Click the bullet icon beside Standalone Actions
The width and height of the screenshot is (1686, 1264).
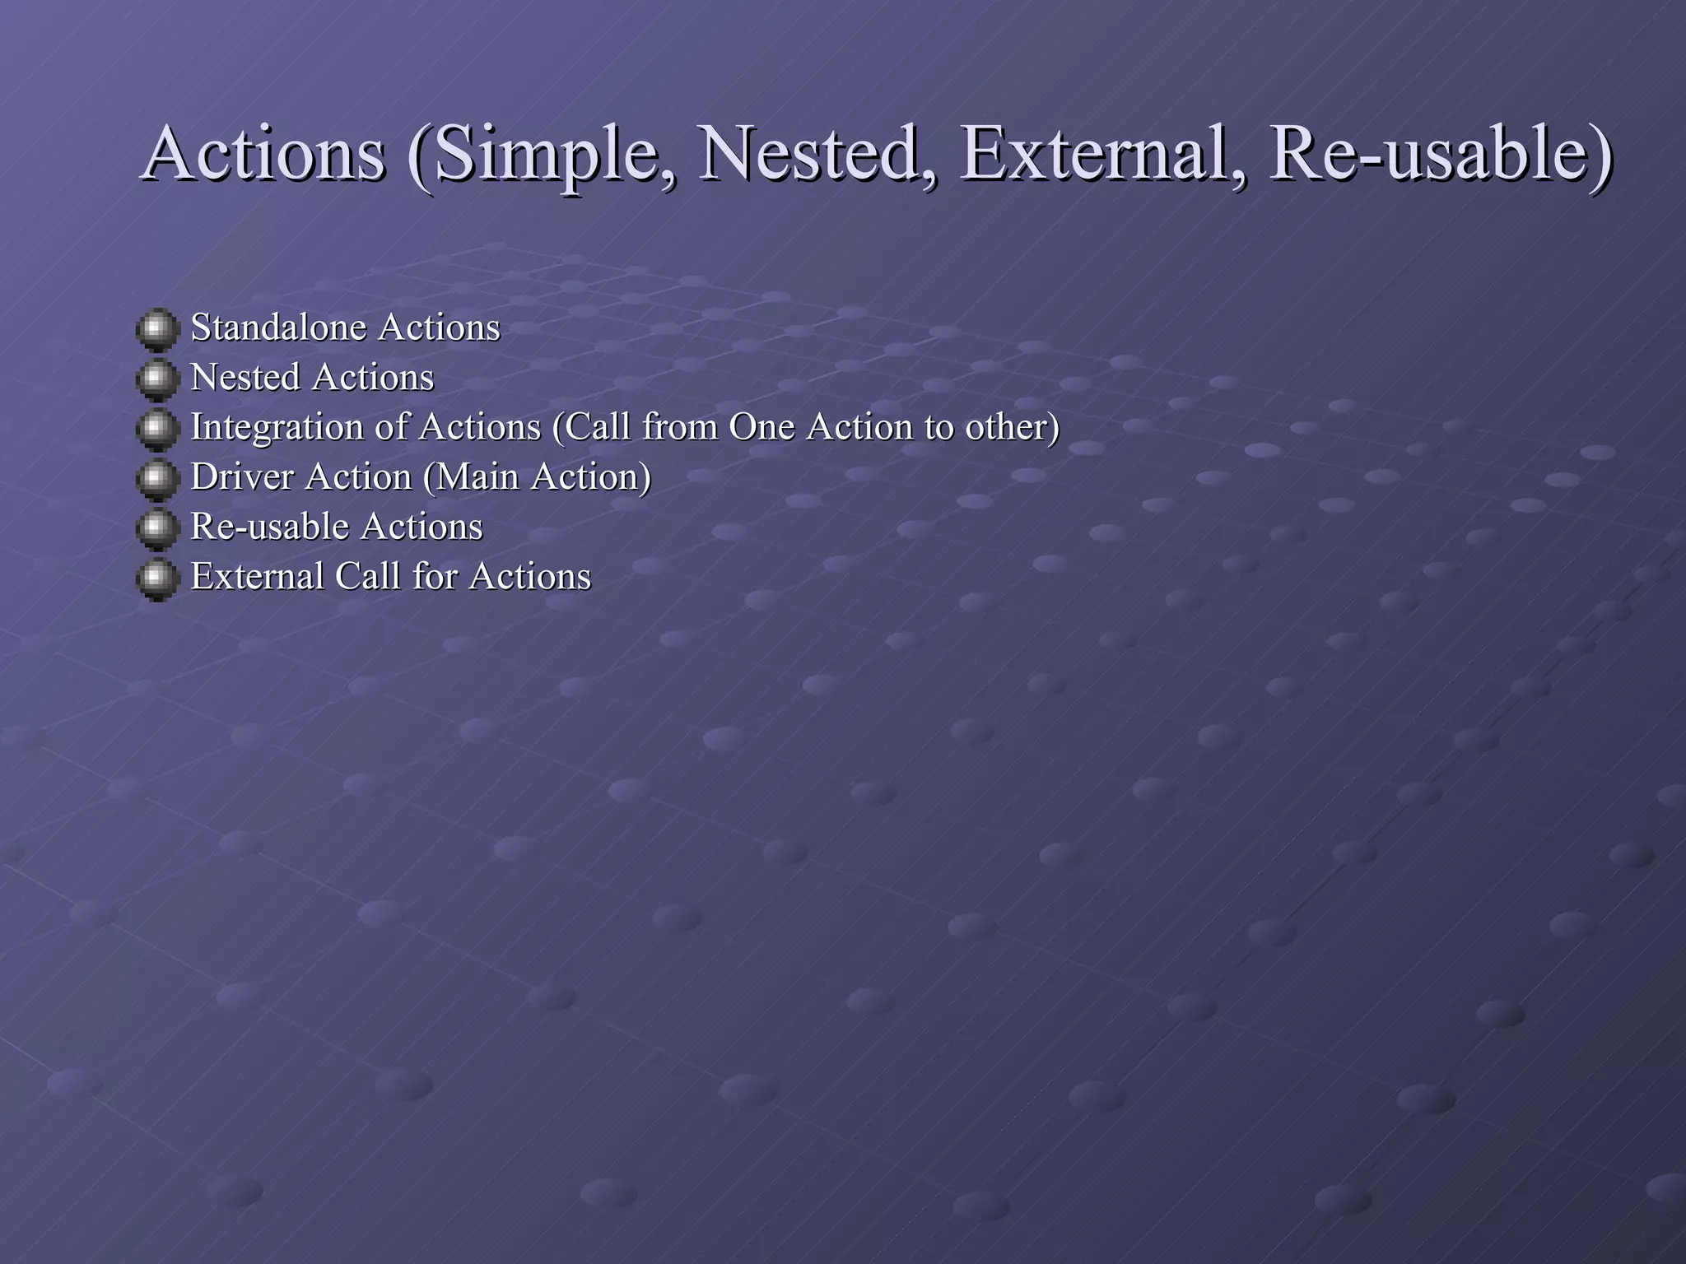pyautogui.click(x=156, y=329)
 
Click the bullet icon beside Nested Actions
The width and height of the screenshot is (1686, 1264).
pyautogui.click(x=156, y=379)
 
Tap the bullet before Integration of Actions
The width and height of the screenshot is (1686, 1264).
pyautogui.click(x=156, y=429)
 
